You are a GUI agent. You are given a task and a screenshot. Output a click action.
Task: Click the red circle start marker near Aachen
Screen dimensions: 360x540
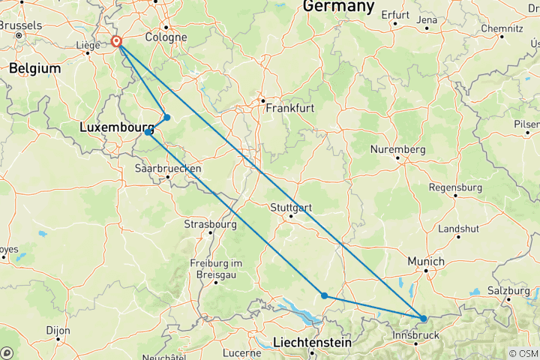pos(116,42)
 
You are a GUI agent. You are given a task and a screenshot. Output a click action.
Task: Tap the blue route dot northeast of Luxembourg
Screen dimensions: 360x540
pos(167,117)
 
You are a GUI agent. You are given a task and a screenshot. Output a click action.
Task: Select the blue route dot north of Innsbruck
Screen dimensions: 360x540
pos(424,319)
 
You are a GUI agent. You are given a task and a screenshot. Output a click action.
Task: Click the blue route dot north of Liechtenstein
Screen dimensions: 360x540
pos(324,295)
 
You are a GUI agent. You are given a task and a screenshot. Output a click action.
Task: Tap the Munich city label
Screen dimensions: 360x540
pos(425,261)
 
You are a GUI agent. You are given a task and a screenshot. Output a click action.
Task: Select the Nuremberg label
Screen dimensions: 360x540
pos(397,150)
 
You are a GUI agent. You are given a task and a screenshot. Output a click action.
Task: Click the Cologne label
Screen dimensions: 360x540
pos(166,37)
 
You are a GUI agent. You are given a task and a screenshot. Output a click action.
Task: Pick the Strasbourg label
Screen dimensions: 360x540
pos(210,224)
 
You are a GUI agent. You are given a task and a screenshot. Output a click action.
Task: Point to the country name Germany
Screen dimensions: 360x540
pos(338,7)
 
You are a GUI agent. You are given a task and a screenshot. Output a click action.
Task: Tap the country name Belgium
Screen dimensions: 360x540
pos(34,68)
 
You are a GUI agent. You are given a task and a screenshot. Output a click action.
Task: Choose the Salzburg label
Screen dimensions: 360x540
pos(508,290)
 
